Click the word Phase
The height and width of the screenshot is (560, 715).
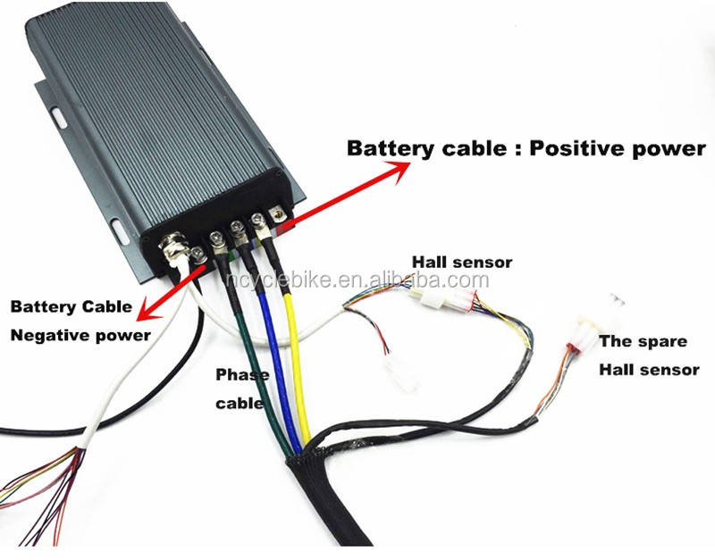pyautogui.click(x=241, y=374)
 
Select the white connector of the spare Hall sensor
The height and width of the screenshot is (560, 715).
pyautogui.click(x=586, y=330)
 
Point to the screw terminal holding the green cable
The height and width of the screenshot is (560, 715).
pyautogui.click(x=217, y=238)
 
